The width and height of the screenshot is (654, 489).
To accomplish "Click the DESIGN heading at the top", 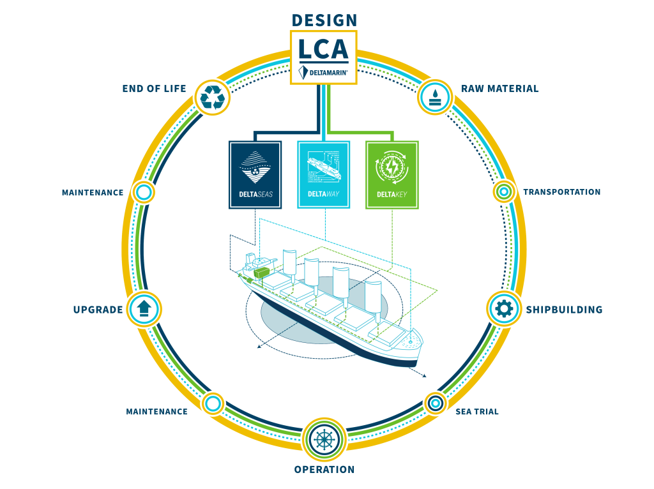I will [324, 20].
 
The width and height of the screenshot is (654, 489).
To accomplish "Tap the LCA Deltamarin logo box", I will [324, 57].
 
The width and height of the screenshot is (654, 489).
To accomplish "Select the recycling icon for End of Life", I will [213, 97].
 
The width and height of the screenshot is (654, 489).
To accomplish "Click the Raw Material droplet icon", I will [436, 96].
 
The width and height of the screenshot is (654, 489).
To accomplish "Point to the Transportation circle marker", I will [504, 192].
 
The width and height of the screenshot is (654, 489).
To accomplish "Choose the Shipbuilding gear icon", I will [504, 309].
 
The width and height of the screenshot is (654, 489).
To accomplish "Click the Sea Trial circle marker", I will [436, 403].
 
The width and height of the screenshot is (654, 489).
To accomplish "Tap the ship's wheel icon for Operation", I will [324, 439].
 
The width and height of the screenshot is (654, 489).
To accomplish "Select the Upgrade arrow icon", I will [144, 309].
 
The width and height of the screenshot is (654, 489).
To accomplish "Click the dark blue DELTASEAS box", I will [255, 174].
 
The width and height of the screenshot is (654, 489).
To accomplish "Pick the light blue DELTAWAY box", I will [323, 174].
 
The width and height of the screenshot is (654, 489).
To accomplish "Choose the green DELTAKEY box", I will [392, 174].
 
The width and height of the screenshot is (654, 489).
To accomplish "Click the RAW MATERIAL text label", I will [499, 89].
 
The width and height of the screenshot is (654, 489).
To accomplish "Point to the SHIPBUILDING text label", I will [564, 310].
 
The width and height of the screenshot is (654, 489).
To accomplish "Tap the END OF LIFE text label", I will [154, 89].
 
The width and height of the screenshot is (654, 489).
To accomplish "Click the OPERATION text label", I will [324, 470].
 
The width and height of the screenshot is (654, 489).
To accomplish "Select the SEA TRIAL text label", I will [476, 412].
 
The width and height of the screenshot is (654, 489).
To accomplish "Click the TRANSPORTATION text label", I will [561, 192].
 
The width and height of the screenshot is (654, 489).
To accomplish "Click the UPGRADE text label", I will [97, 310].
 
